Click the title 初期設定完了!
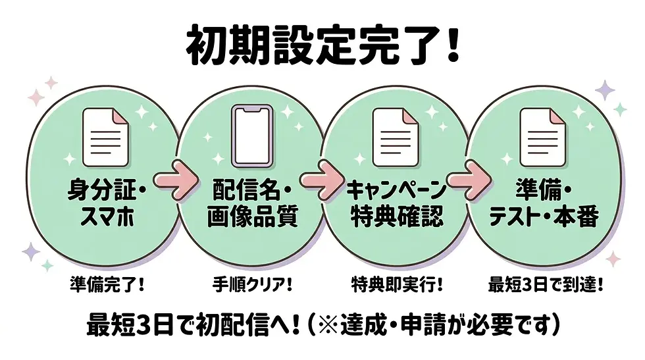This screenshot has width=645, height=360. tap(323, 45)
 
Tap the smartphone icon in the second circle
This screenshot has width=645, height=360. tap(252, 136)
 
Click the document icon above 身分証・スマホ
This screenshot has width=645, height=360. tap(106, 138)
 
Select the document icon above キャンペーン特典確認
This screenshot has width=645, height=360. tap(396, 138)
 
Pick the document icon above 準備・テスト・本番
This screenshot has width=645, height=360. tap(543, 138)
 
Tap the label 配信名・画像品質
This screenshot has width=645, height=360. tap(252, 203)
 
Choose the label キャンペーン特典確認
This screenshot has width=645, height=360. tap(396, 203)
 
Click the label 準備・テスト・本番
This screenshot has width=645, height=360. tap(544, 203)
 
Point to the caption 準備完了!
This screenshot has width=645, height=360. tap(107, 285)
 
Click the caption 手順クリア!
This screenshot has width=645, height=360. tap(252, 285)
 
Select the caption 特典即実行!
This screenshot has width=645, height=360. tap(397, 285)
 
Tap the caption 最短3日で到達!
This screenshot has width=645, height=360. tap(546, 285)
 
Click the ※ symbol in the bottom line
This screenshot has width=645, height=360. tap(328, 325)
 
